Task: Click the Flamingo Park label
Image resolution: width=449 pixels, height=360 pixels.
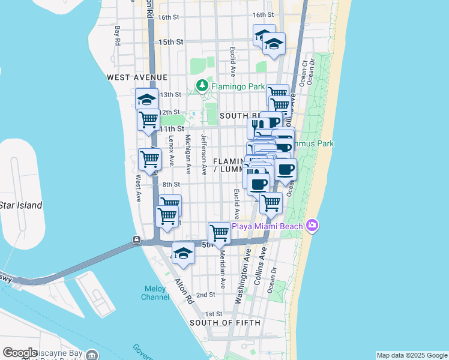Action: pyautogui.click(x=238, y=86)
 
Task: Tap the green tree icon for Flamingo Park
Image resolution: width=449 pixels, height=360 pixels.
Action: pyautogui.click(x=203, y=86)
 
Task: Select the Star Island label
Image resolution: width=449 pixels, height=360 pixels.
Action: pyautogui.click(x=21, y=205)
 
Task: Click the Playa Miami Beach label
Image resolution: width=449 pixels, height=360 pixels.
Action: pyautogui.click(x=268, y=226)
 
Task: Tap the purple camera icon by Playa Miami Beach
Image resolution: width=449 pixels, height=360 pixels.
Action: pyautogui.click(x=312, y=226)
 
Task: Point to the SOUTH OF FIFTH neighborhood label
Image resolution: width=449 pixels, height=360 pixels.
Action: pyautogui.click(x=225, y=323)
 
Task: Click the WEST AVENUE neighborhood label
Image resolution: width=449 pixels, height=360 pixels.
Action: pyautogui.click(x=137, y=77)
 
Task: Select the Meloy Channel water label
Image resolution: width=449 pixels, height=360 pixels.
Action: pyautogui.click(x=154, y=293)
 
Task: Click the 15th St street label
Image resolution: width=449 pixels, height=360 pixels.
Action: pyautogui.click(x=171, y=42)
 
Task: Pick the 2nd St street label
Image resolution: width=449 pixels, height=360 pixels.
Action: pyautogui.click(x=206, y=295)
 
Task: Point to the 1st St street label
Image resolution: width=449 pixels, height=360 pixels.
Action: pyautogui.click(x=214, y=314)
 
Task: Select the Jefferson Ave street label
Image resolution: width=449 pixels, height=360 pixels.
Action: pyautogui.click(x=203, y=154)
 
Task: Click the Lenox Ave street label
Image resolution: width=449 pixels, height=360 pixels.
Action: pyautogui.click(x=172, y=149)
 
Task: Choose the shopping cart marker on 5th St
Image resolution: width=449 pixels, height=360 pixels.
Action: pyautogui.click(x=220, y=233)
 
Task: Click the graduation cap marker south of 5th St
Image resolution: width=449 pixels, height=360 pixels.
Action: pyautogui.click(x=184, y=253)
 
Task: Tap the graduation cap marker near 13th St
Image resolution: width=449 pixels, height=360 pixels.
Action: pyautogui.click(x=146, y=99)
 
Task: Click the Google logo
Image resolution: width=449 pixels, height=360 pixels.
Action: pyautogui.click(x=20, y=353)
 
